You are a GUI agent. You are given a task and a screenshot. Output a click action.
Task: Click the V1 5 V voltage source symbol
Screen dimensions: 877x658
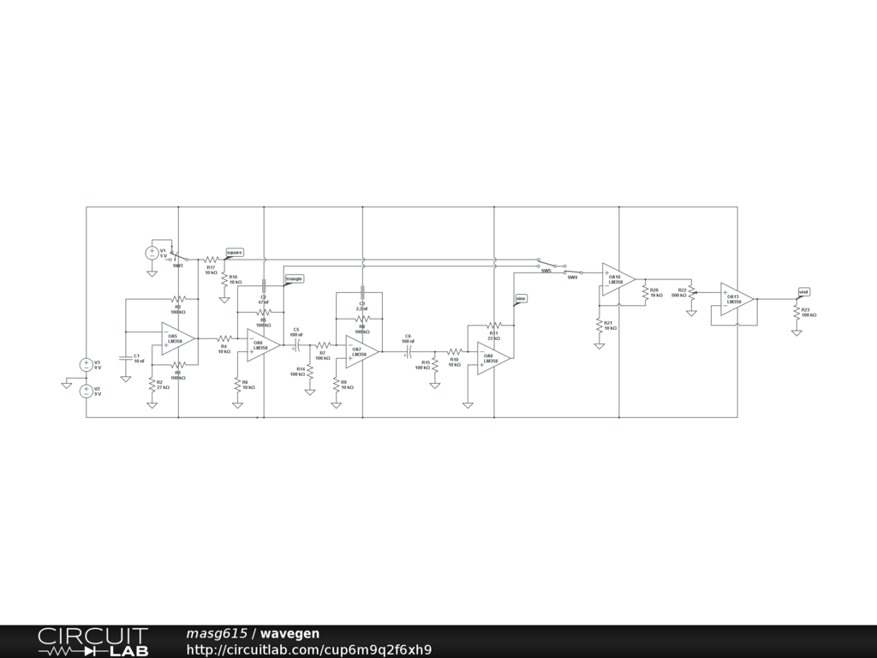click(x=152, y=253)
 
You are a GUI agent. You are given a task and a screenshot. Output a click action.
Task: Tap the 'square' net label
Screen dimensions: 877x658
click(x=235, y=252)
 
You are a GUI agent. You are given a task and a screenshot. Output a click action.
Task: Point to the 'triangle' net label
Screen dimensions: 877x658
click(x=294, y=278)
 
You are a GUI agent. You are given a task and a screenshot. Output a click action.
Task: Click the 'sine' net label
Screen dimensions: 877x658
click(x=521, y=298)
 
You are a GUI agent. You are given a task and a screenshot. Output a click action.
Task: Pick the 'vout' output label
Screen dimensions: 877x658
click(x=803, y=292)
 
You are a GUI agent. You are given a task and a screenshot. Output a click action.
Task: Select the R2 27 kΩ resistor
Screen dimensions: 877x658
click(x=152, y=383)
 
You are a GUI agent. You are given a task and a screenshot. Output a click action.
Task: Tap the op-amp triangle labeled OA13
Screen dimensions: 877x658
click(x=736, y=299)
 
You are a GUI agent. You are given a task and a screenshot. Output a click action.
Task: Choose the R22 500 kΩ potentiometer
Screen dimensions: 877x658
click(x=690, y=292)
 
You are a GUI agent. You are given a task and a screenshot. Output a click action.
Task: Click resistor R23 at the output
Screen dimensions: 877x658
click(x=796, y=314)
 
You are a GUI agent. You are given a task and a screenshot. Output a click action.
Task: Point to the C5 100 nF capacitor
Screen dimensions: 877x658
click(x=295, y=344)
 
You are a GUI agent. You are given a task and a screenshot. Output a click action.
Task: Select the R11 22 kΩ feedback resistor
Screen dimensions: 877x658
click(x=493, y=326)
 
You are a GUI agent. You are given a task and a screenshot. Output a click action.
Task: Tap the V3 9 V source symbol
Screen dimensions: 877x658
click(x=86, y=365)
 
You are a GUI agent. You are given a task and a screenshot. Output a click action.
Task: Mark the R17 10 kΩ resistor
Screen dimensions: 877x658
click(x=211, y=260)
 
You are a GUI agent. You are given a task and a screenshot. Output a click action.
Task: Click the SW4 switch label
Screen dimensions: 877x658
click(x=572, y=278)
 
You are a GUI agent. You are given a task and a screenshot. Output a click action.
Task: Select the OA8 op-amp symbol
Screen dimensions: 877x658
click(x=493, y=357)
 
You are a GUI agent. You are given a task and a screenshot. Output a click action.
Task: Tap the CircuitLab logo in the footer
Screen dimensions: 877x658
click(x=92, y=642)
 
